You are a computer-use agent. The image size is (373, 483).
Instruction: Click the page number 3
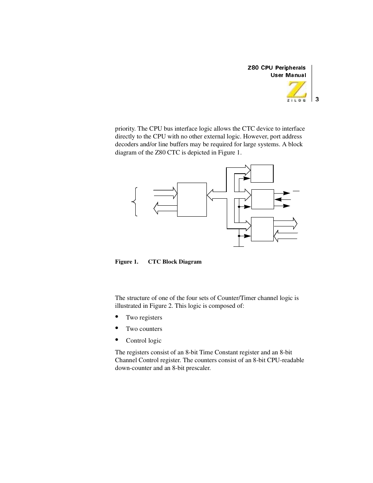(317, 99)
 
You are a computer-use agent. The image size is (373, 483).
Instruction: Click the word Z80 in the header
(253, 68)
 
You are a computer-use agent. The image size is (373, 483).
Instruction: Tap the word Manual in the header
(296, 75)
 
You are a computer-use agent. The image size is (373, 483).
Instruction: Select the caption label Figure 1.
(126, 262)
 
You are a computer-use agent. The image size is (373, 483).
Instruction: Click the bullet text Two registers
(144, 318)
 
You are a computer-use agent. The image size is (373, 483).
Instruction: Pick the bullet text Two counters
(144, 329)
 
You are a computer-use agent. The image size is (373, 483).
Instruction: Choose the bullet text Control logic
(143, 341)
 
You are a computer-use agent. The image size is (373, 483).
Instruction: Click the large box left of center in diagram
(192, 199)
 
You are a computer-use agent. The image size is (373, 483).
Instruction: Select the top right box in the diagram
(262, 174)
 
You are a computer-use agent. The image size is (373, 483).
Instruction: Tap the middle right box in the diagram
(262, 199)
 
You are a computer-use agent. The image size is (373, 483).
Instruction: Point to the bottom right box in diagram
(262, 229)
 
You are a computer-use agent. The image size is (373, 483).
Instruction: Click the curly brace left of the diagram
(135, 202)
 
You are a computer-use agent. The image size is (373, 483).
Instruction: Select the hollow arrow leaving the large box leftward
(165, 208)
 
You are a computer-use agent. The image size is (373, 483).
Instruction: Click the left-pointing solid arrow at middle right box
(282, 199)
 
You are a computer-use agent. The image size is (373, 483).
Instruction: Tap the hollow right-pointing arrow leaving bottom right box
(286, 224)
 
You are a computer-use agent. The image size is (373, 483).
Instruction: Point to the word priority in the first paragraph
(125, 129)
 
